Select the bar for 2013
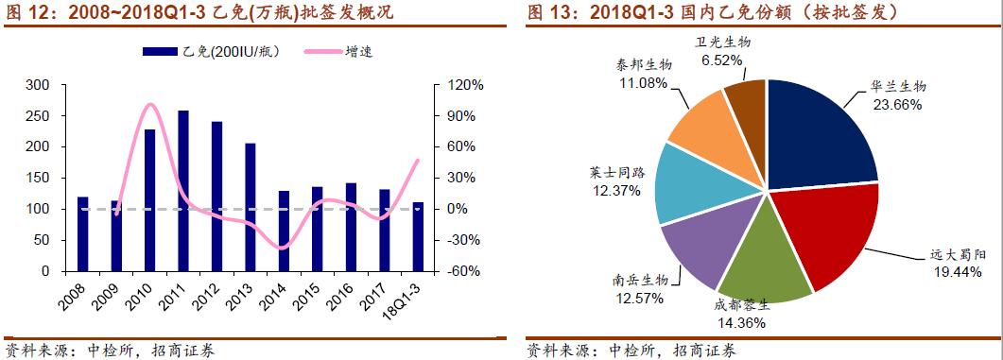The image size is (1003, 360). tap(251, 207)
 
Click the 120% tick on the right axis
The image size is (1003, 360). tap(465, 85)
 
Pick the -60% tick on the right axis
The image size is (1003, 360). tap(465, 271)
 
